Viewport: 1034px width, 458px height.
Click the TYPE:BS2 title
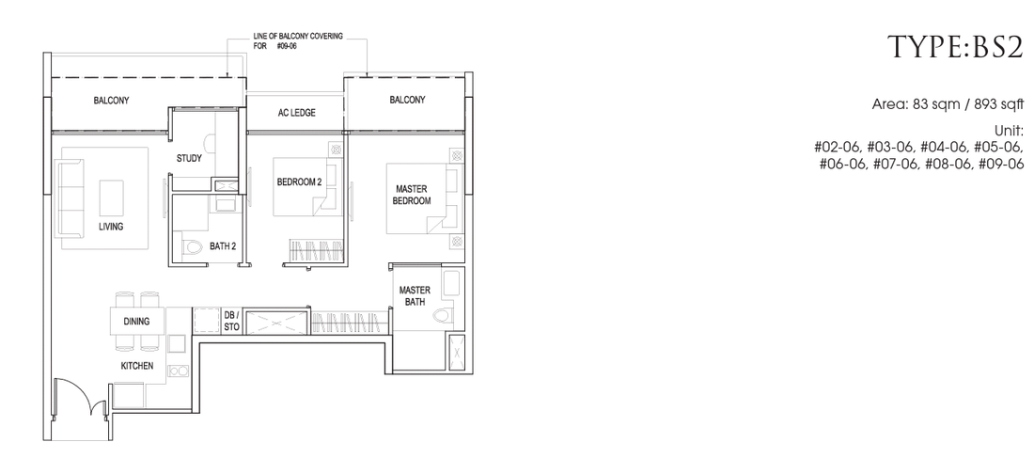(x=956, y=48)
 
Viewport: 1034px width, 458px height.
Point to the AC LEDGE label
(x=296, y=113)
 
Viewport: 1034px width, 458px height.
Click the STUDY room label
(x=189, y=158)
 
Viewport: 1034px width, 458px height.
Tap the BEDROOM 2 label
(x=299, y=182)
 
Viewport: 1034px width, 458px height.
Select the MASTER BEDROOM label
(x=412, y=195)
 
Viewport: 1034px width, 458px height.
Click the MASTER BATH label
(x=415, y=295)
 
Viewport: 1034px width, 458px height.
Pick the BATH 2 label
(x=223, y=246)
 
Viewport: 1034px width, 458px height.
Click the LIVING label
(x=112, y=227)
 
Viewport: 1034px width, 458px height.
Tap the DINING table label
(x=136, y=322)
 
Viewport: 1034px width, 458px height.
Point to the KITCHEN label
(x=136, y=366)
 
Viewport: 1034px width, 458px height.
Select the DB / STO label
(x=231, y=321)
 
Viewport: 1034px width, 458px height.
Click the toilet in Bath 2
(x=191, y=247)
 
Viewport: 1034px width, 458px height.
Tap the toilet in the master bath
(x=442, y=315)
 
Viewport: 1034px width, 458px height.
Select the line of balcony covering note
(x=297, y=41)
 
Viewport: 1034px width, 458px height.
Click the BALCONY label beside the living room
(x=111, y=101)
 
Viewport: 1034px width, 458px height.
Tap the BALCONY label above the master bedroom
(x=407, y=100)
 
